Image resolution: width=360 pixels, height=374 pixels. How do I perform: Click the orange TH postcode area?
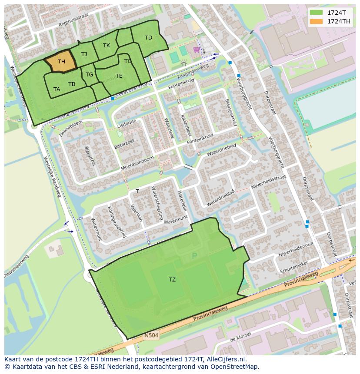pos(61,62)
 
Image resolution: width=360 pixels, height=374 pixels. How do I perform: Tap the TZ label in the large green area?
pos(172,279)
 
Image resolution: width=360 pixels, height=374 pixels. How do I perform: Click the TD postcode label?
pos(148,38)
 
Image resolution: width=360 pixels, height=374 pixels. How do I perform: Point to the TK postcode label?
pos(107,46)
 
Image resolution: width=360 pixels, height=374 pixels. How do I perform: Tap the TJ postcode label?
pos(84,54)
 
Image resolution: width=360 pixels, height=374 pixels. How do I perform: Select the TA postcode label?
pos(57,89)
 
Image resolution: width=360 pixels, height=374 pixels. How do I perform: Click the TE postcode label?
pos(119,76)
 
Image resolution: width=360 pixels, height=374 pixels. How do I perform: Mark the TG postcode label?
pos(89,75)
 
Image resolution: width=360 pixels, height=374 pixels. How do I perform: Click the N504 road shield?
pos(152,335)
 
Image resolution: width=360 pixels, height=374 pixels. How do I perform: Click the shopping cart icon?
pos(197,50)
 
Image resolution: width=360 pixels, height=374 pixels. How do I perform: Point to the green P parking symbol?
pos(194,256)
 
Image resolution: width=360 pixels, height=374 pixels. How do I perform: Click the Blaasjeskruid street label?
pos(230,112)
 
